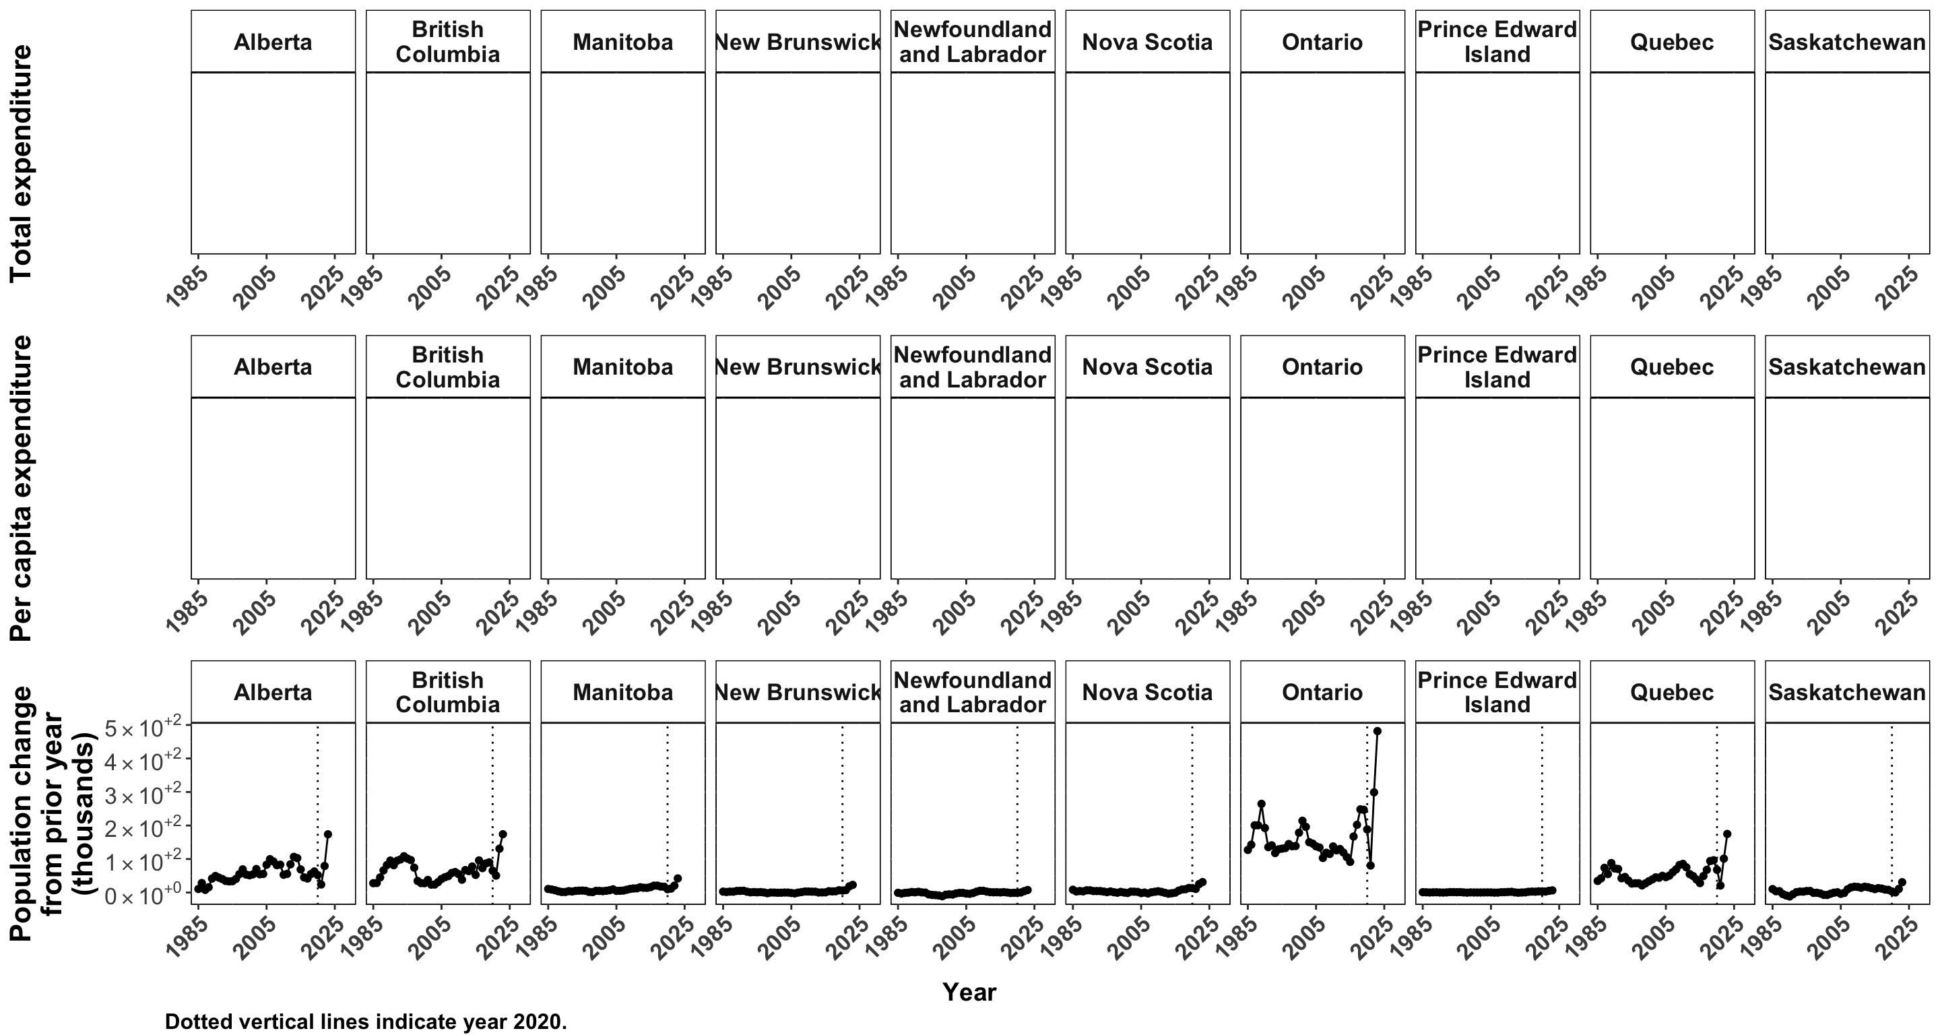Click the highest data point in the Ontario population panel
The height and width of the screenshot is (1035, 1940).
pyautogui.click(x=1378, y=730)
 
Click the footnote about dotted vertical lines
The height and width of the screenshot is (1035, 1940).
pyautogui.click(x=365, y=1022)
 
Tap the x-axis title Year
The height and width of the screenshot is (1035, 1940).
pyautogui.click(x=969, y=992)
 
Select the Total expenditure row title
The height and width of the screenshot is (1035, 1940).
pyautogui.click(x=21, y=162)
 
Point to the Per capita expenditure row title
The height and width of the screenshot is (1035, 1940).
pyautogui.click(x=21, y=488)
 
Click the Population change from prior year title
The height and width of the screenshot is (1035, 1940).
pyautogui.click(x=53, y=813)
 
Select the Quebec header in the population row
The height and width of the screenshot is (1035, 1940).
pyautogui.click(x=1672, y=692)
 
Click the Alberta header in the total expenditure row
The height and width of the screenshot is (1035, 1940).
pyautogui.click(x=273, y=42)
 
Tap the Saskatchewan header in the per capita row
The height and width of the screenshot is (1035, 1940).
pyautogui.click(x=1846, y=368)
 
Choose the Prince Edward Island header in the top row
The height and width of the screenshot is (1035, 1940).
pyautogui.click(x=1497, y=42)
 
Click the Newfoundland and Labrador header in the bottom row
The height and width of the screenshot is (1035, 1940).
pyautogui.click(x=972, y=692)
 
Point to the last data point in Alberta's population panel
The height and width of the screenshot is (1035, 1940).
pyautogui.click(x=327, y=834)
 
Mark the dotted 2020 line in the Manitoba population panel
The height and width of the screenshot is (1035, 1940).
pyautogui.click(x=668, y=813)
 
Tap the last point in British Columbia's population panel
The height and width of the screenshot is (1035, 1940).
pyautogui.click(x=503, y=834)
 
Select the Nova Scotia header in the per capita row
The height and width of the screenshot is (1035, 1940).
pyautogui.click(x=1147, y=368)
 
